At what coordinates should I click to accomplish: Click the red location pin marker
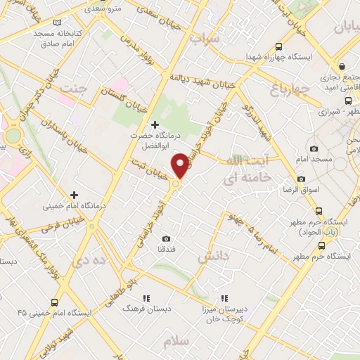[181, 165]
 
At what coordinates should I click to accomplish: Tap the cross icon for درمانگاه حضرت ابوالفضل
[155, 124]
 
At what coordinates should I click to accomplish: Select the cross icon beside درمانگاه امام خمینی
[74, 195]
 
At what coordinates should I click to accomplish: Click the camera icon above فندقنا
[166, 239]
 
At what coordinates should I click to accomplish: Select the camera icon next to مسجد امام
[314, 149]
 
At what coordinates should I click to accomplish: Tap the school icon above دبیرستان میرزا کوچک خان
[224, 298]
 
